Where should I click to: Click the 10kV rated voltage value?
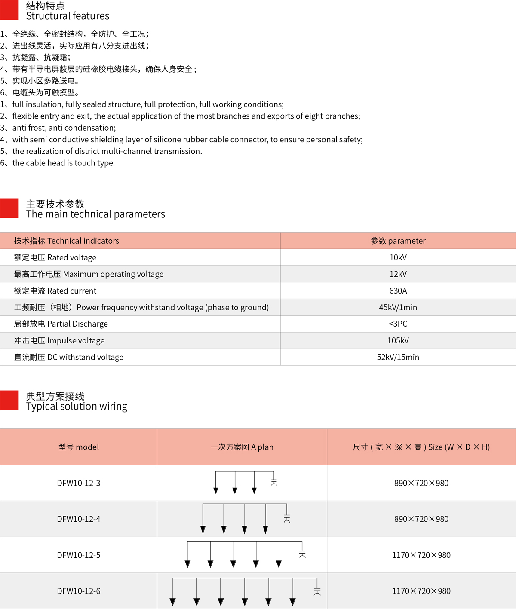tap(398, 257)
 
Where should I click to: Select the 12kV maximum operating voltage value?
tap(398, 274)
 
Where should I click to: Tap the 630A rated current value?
tap(398, 291)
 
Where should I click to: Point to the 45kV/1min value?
tap(398, 307)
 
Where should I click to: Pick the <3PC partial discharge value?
tap(398, 324)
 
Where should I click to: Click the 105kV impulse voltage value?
tap(398, 340)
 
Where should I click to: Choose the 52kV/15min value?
tap(398, 357)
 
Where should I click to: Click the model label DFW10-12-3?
tap(79, 483)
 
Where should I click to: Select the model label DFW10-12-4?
tap(79, 519)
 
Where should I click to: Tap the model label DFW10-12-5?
tap(79, 555)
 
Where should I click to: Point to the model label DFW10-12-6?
tap(79, 591)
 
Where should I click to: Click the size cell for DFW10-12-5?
tap(421, 555)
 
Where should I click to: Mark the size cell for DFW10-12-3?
tap(421, 483)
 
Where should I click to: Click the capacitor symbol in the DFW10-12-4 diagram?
tap(287, 518)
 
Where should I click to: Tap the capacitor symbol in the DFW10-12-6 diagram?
tap(317, 591)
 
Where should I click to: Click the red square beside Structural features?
tap(9, 10)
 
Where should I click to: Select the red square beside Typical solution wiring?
tap(9, 400)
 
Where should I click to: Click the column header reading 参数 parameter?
tap(398, 241)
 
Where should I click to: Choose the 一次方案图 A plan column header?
tap(242, 447)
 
